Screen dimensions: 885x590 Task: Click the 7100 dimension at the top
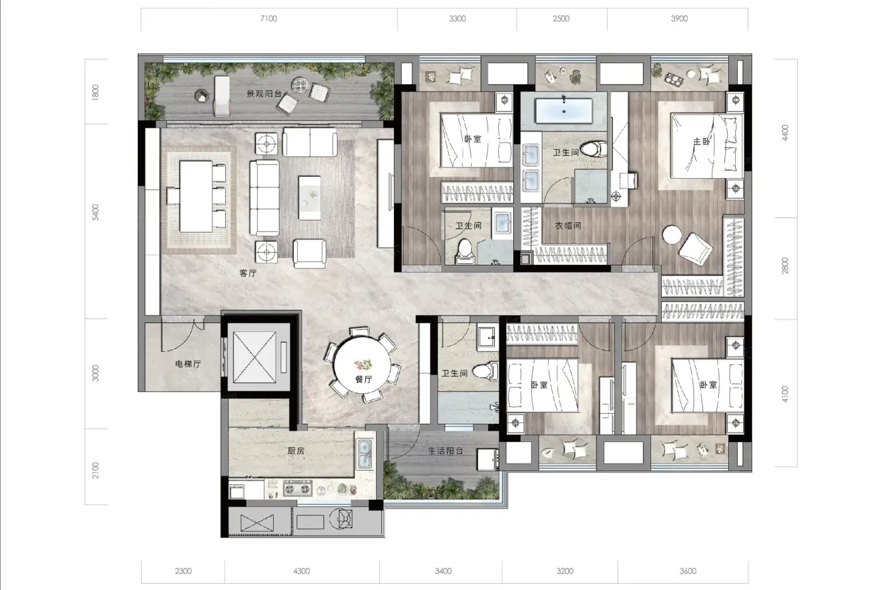click(x=269, y=18)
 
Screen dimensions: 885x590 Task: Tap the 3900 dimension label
click(x=679, y=18)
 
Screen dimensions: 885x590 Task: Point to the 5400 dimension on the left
click(x=95, y=212)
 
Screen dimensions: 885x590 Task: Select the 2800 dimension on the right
click(x=785, y=266)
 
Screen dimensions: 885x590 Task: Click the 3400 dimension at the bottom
click(x=443, y=571)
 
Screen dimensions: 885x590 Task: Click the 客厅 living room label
click(x=248, y=273)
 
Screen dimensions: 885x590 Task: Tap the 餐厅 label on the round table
click(x=363, y=379)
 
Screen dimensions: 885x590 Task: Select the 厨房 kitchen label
click(x=296, y=451)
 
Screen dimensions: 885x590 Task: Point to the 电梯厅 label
click(x=188, y=364)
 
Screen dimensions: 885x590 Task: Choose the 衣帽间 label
click(x=568, y=226)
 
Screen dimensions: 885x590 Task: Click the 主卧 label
click(x=701, y=142)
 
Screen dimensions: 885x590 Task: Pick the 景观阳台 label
click(x=264, y=94)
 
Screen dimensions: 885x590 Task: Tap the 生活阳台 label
click(x=446, y=451)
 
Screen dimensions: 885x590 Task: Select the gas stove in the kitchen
click(x=298, y=489)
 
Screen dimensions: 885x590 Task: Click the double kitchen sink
click(x=365, y=454)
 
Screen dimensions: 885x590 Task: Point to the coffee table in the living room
click(x=309, y=198)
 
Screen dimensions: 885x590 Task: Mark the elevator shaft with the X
click(x=254, y=357)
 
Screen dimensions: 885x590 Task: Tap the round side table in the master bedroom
click(x=671, y=235)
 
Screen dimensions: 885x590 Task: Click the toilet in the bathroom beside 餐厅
click(x=486, y=371)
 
